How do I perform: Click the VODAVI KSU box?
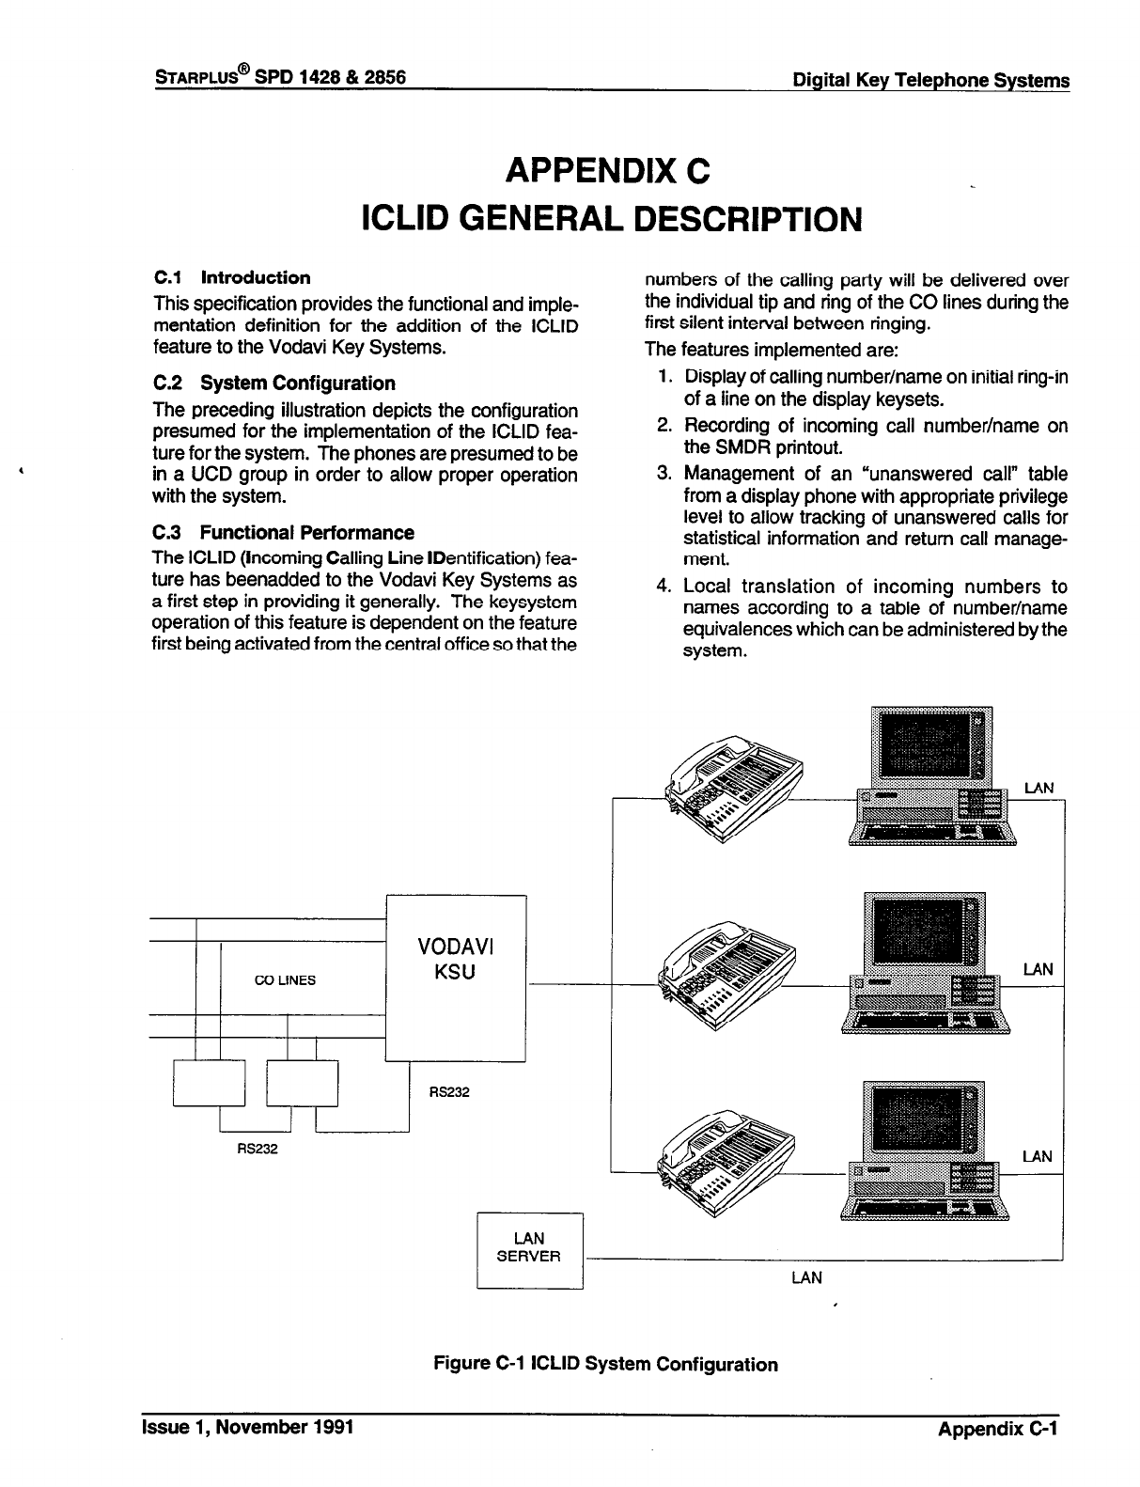click(x=456, y=978)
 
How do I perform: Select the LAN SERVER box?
click(x=529, y=1249)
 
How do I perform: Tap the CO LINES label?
click(x=286, y=979)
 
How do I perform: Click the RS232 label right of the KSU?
click(x=448, y=1092)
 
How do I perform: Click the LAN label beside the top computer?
click(x=1038, y=788)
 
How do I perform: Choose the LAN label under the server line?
click(x=806, y=1277)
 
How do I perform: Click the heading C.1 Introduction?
click(x=231, y=277)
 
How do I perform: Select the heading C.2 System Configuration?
click(x=273, y=383)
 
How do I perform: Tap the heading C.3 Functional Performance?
click(x=283, y=533)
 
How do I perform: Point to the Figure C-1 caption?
click(x=604, y=1364)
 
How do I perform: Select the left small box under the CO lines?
click(x=209, y=1082)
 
